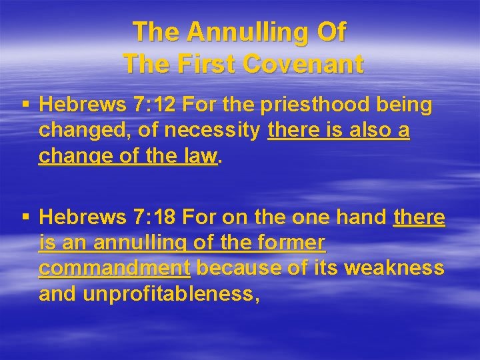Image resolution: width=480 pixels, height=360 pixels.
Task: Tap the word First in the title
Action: (203, 65)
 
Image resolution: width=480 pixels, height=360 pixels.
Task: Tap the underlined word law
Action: (201, 156)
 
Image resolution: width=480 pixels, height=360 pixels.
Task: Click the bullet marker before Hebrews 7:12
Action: (25, 105)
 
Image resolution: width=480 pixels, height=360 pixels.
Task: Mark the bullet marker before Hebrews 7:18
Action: (25, 217)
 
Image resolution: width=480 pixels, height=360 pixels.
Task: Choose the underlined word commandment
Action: (115, 268)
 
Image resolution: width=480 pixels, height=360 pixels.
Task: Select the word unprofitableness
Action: (171, 293)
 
